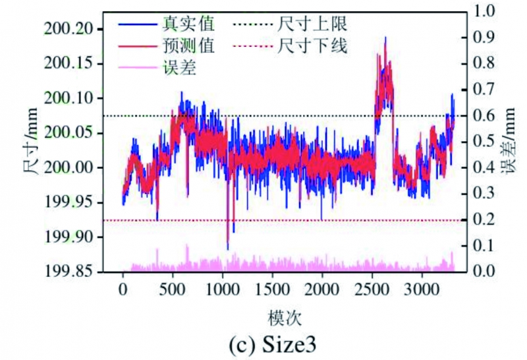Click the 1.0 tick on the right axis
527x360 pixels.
[488, 11]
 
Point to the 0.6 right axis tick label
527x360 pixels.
[488, 115]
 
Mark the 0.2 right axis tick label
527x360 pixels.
[488, 220]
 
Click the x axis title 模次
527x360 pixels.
[285, 317]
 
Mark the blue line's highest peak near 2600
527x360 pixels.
[385, 38]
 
